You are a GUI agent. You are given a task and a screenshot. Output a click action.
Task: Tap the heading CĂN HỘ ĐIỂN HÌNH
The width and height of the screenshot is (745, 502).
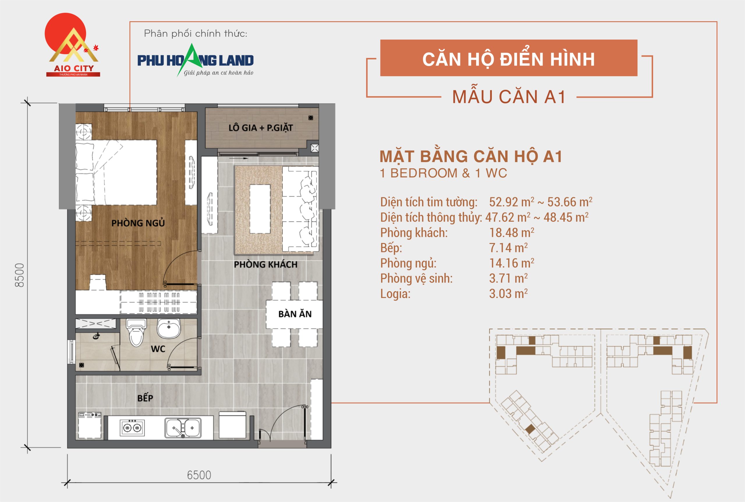[x=508, y=59]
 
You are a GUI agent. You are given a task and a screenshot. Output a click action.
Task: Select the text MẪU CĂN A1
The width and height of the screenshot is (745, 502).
[x=509, y=97]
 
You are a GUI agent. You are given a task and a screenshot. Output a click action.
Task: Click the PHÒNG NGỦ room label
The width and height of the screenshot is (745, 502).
[x=138, y=223]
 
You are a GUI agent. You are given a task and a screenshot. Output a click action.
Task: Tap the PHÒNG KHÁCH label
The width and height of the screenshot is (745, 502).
[x=265, y=265]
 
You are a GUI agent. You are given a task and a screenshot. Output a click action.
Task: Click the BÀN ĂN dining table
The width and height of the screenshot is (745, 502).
[x=295, y=314]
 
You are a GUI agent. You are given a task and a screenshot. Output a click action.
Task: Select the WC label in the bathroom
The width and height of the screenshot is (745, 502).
[x=158, y=349]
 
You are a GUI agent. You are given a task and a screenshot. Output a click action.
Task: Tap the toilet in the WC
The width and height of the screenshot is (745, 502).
[x=136, y=333]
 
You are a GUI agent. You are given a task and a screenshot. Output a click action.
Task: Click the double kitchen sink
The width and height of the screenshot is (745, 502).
[x=183, y=428]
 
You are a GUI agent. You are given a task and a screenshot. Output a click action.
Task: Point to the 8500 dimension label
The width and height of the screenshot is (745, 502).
[x=20, y=275]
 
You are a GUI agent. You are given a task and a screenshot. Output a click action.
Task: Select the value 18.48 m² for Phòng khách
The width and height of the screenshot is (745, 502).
[x=511, y=233]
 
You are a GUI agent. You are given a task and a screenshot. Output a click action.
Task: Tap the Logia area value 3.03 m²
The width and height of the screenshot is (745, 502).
[x=508, y=294]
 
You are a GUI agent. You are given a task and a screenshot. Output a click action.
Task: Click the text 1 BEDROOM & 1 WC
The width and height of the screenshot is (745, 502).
[x=443, y=173]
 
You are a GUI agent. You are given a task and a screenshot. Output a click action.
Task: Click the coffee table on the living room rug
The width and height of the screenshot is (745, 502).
[x=260, y=209]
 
